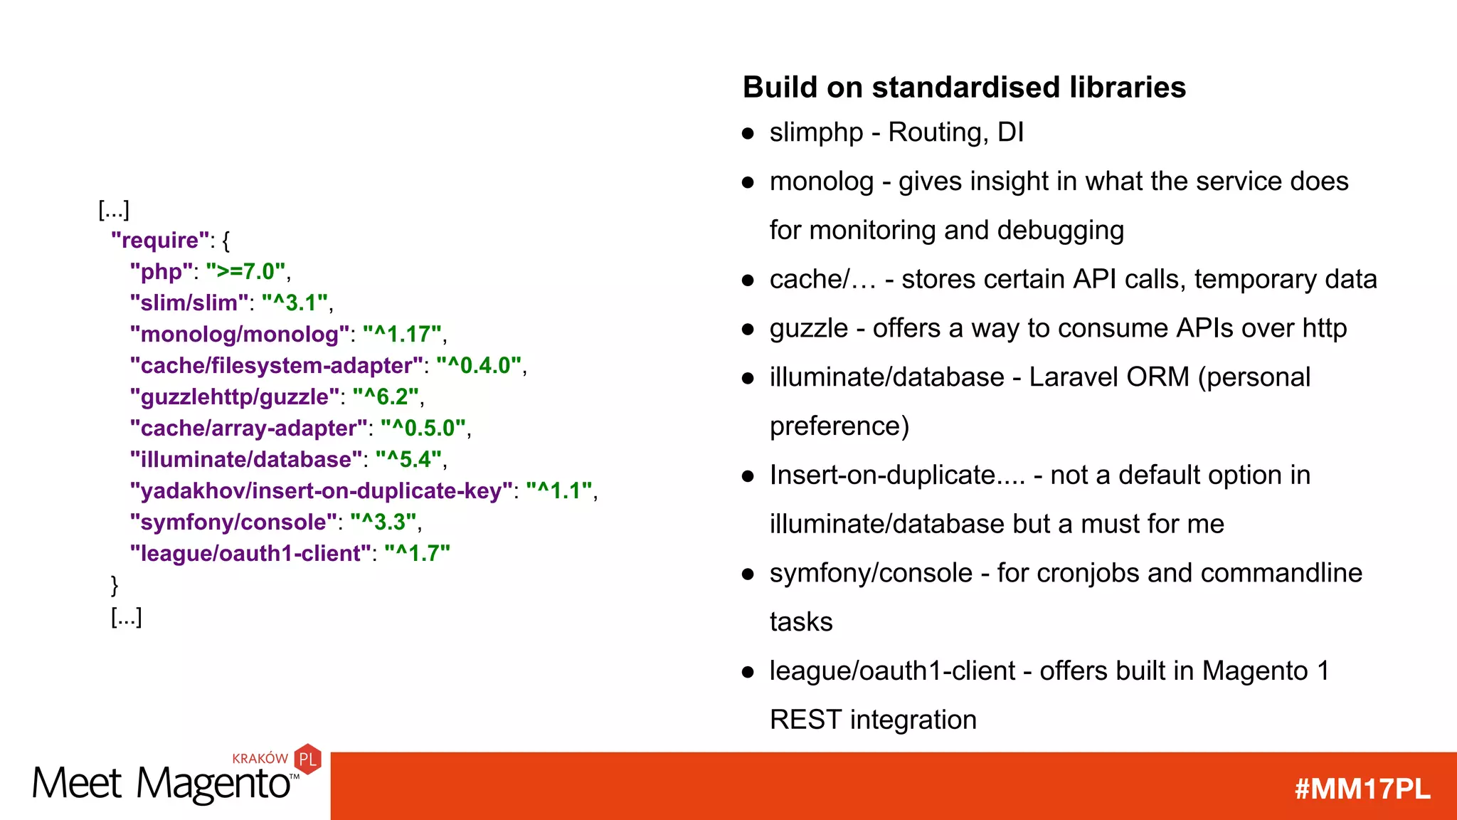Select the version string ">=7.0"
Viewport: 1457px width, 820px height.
(245, 272)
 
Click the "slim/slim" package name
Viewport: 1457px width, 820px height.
(189, 303)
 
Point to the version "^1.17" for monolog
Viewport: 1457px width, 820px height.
(403, 335)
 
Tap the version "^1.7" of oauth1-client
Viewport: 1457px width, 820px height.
(417, 554)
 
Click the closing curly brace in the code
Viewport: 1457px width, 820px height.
(115, 585)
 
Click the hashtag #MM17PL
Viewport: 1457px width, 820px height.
(1362, 789)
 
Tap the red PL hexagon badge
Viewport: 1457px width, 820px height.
(307, 759)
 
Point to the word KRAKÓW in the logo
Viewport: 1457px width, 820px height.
(260, 759)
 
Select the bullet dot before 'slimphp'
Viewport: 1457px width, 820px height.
(748, 133)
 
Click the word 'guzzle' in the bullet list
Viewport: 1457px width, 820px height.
(809, 329)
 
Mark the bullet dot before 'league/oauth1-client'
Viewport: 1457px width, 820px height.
(748, 672)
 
